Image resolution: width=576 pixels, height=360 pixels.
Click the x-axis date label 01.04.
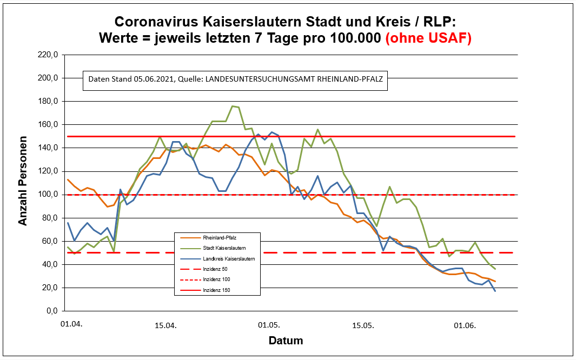pos(71,325)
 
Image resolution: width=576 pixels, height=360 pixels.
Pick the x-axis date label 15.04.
pos(165,325)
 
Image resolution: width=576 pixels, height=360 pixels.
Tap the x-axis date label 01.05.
pos(269,325)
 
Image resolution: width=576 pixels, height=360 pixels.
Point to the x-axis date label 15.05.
pos(363,325)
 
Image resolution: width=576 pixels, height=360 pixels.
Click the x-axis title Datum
pos(286,341)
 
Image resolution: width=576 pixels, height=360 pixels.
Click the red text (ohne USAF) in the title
pos(428,38)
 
